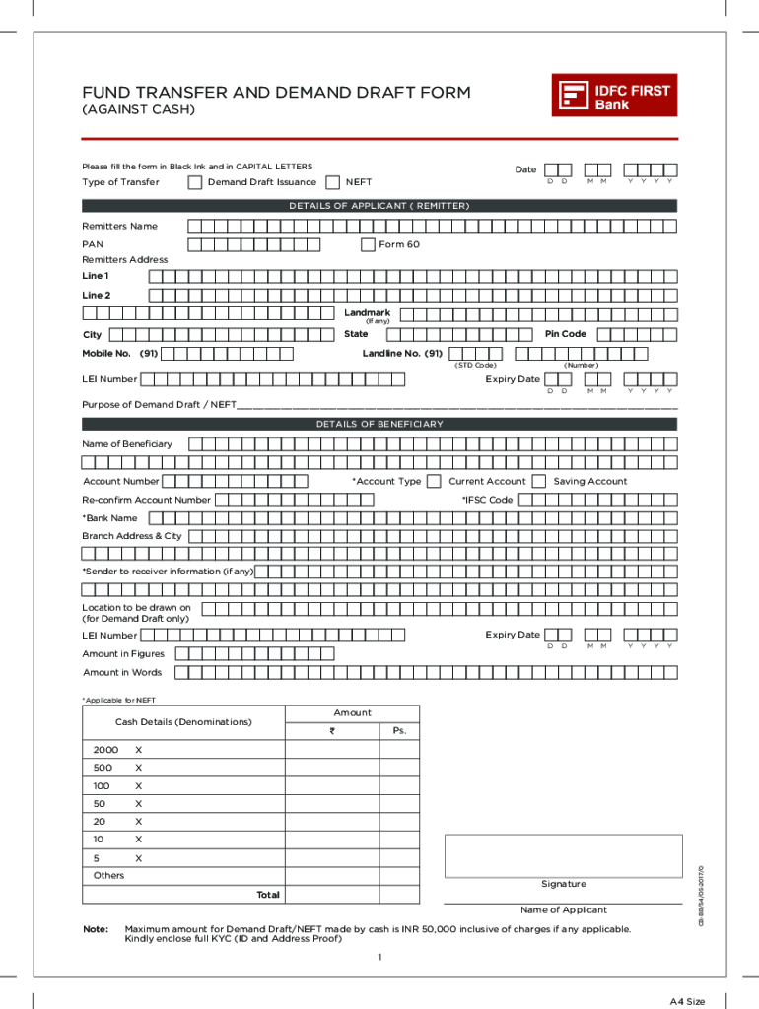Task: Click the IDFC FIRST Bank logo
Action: pos(614,96)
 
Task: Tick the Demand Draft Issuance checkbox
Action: pos(195,182)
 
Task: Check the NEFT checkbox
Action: pos(332,182)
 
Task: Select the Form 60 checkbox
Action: pos(368,244)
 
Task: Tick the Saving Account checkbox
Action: pos(538,481)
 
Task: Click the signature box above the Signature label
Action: pos(563,855)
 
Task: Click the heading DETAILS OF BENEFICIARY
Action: pos(379,424)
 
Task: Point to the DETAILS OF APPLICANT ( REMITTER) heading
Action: pos(379,206)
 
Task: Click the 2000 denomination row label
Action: pos(105,750)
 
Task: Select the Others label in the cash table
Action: pos(108,875)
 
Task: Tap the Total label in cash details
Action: pos(268,895)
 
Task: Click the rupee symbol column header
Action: pos(332,731)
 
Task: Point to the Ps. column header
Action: pos(399,731)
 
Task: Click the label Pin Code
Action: pos(565,334)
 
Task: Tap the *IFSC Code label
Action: pos(487,500)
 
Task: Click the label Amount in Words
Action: pos(122,672)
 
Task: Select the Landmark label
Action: pos(367,312)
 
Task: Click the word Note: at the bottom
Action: pos(96,929)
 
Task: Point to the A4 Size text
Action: pos(687,1001)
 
